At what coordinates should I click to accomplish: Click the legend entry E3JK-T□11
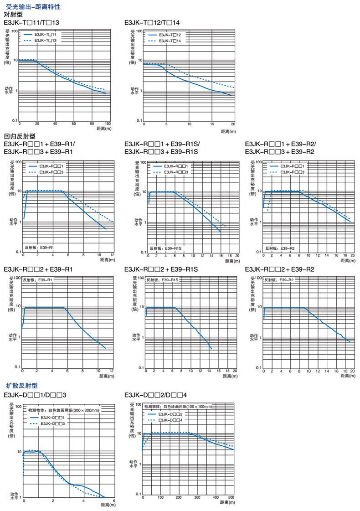pyautogui.click(x=45, y=35)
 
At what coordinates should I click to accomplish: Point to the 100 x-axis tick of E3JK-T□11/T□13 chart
pyautogui.click(x=108, y=124)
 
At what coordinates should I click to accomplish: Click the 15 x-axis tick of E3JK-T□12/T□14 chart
pyautogui.click(x=212, y=124)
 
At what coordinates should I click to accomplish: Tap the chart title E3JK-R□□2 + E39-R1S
pyautogui.click(x=161, y=270)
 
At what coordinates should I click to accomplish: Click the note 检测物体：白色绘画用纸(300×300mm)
pyautogui.click(x=63, y=411)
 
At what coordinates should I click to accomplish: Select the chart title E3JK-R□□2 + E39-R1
pyautogui.click(x=38, y=270)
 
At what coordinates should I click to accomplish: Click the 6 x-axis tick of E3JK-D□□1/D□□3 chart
pyautogui.click(x=113, y=501)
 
